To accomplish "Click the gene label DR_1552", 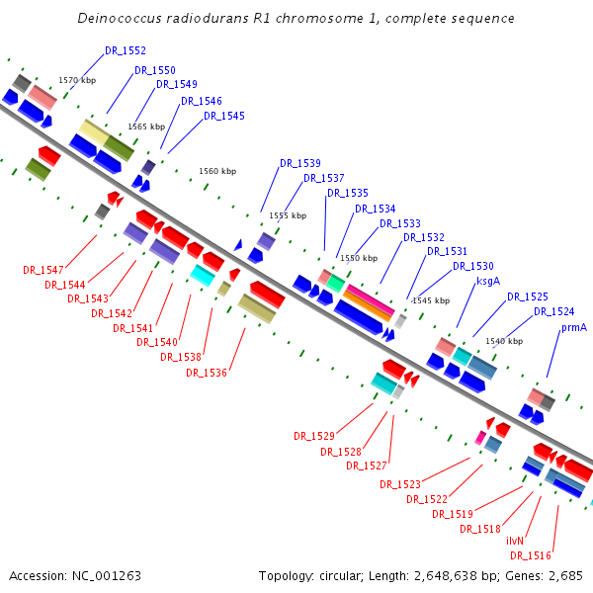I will (126, 50).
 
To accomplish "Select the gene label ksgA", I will (488, 281).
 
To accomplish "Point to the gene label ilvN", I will (515, 541).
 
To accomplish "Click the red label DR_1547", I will (43, 270).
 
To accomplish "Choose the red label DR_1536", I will (207, 373).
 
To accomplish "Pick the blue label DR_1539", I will (299, 163).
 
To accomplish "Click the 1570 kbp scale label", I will (77, 80).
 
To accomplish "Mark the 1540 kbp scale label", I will (504, 341).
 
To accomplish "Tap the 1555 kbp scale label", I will (288, 215).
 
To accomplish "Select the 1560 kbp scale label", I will (217, 171).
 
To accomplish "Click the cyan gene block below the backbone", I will (202, 275).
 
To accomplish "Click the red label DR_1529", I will (314, 436).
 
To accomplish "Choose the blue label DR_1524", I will (554, 311).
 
